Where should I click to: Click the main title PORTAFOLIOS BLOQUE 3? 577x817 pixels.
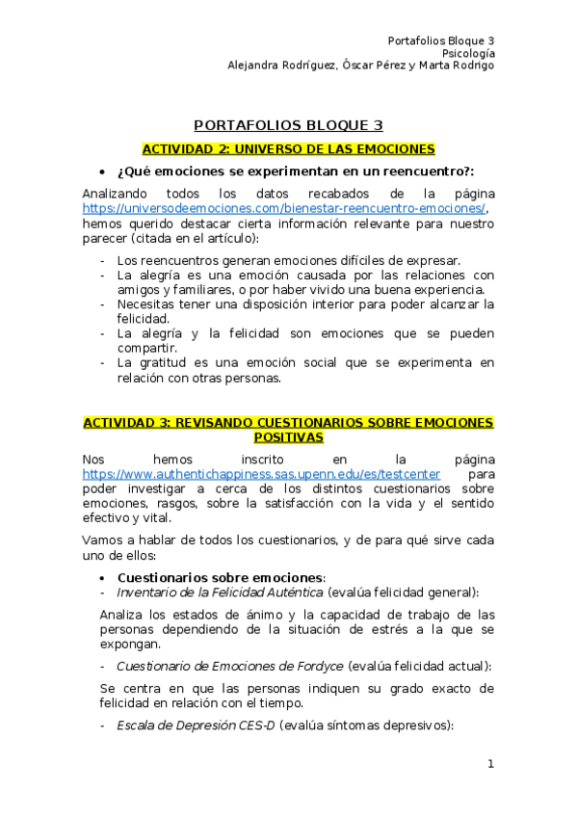pos(288,125)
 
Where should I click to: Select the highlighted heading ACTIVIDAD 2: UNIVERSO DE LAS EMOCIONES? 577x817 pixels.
pos(288,149)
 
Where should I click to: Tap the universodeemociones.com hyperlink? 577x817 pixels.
pos(284,208)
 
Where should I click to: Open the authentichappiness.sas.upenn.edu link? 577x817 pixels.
pos(261,475)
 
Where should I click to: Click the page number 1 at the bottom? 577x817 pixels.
pos(490,764)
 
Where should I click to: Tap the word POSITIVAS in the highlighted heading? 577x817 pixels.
pos(288,437)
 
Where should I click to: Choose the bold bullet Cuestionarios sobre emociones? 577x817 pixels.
pos(221,577)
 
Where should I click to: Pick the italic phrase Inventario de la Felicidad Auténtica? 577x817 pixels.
pos(220,592)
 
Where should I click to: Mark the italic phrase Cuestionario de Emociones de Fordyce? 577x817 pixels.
pos(229,666)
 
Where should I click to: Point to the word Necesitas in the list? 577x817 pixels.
pos(147,304)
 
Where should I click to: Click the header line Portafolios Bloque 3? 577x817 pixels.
pos(440,40)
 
